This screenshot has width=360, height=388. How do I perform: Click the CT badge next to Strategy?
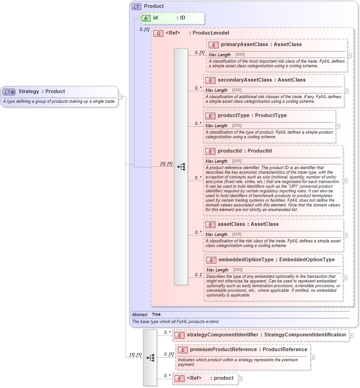tap(9, 92)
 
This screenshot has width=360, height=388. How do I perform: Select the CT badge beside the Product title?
tap(137, 6)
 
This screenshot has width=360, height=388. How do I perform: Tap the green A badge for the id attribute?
tap(146, 18)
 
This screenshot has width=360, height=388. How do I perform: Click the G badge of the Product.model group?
tap(158, 33)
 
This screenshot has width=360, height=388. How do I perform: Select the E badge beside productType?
tap(210, 116)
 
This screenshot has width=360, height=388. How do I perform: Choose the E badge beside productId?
tap(210, 151)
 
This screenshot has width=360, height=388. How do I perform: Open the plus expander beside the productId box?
tap(345, 181)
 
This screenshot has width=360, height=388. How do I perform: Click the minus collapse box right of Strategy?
tap(120, 97)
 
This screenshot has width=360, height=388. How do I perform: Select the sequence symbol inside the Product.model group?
tap(181, 167)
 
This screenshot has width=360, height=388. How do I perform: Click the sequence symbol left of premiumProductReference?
tap(150, 357)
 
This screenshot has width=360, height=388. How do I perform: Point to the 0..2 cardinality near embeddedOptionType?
tap(198, 275)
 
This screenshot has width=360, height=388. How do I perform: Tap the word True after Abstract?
tap(157, 314)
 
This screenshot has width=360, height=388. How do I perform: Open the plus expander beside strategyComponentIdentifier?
tap(352, 335)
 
